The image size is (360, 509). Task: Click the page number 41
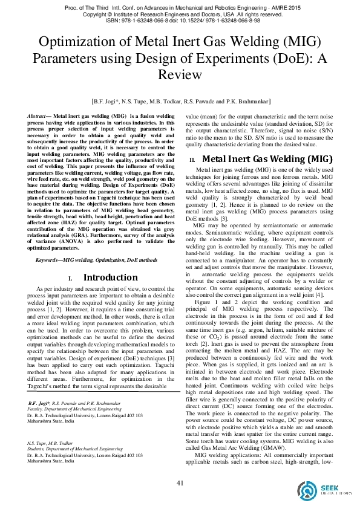tap(180, 482)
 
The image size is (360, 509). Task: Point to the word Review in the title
tap(180, 74)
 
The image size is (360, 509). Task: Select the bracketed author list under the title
tap(180, 102)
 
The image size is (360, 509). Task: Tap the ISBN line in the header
tap(180, 20)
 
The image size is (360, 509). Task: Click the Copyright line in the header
tap(180, 13)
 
